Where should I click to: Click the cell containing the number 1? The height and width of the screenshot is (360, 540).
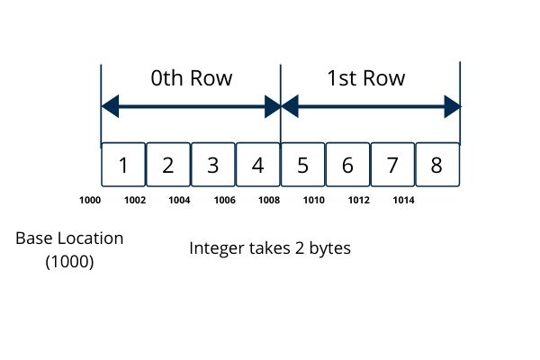[123, 166]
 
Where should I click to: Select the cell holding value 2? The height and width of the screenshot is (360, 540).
[168, 166]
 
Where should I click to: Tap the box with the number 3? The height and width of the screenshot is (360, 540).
[213, 166]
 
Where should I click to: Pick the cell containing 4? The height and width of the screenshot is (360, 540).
[258, 166]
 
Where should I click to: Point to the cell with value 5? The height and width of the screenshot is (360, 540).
[303, 166]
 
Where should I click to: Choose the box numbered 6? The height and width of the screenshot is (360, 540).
[348, 166]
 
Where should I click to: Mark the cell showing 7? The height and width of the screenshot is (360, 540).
[392, 166]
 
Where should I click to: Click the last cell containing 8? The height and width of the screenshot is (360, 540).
[437, 166]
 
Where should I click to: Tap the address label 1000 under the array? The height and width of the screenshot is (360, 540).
[90, 200]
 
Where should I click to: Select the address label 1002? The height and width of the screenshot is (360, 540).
[135, 200]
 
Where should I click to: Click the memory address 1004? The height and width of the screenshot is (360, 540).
[179, 200]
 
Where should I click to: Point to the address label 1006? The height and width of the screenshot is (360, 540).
[224, 200]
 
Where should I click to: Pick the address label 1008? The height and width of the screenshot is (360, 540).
[269, 200]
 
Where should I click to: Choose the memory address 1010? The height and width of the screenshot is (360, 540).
[314, 200]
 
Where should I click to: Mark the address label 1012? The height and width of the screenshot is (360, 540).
[359, 200]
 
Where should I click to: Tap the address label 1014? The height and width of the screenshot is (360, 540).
[404, 200]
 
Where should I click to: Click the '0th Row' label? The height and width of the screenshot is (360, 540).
[192, 78]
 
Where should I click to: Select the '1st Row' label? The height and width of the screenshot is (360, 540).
[366, 78]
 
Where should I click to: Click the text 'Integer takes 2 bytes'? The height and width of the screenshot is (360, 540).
[270, 247]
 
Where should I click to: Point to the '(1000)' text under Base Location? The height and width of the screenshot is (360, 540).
[69, 263]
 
